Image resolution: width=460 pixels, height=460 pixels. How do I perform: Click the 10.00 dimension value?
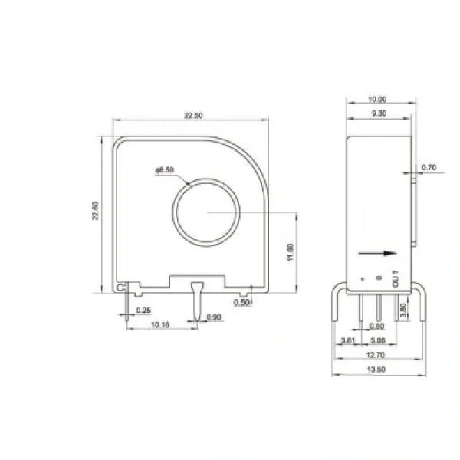[x=377, y=99]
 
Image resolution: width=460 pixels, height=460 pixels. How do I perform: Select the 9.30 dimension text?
[x=379, y=113]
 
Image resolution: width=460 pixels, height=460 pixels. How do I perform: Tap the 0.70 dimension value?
[x=429, y=167]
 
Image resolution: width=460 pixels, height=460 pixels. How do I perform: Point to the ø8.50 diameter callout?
[x=165, y=170]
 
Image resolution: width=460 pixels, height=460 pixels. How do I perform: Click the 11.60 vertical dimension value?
[x=291, y=252]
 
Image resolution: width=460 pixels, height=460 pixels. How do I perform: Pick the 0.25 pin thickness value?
[x=143, y=310]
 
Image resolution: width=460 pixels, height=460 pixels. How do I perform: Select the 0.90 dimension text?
[x=214, y=317]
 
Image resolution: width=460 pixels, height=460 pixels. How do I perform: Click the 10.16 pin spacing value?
[x=160, y=325]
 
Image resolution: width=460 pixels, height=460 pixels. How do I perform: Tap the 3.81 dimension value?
[x=348, y=340]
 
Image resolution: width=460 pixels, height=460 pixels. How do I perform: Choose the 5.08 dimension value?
[x=378, y=340]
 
